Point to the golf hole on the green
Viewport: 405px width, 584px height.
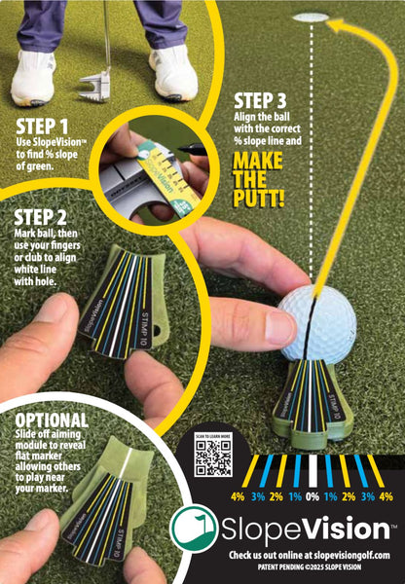(x=311, y=18)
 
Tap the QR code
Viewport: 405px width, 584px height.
(x=213, y=458)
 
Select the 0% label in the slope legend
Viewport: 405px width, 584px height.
(x=313, y=496)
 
